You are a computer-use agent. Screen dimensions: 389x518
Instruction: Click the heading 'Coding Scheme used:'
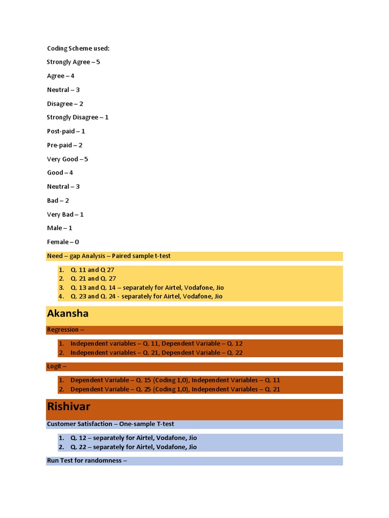(78, 49)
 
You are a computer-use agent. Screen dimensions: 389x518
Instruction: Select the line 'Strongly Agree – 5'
(73, 62)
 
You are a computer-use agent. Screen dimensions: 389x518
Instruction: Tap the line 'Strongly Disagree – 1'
(77, 117)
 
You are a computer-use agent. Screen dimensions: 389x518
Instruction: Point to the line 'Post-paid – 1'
(66, 132)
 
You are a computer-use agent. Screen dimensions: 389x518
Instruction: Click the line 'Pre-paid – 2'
(64, 145)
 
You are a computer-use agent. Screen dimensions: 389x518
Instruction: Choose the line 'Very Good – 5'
(67, 159)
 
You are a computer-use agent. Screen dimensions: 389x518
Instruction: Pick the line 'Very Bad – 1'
(65, 214)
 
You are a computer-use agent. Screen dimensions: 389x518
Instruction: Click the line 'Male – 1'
(60, 228)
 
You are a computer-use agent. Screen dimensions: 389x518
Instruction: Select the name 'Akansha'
(68, 314)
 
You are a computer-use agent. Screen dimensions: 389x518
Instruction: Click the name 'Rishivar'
(68, 407)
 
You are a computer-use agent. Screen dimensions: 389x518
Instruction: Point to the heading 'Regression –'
(63, 330)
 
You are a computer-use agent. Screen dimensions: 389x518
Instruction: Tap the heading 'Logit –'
(57, 366)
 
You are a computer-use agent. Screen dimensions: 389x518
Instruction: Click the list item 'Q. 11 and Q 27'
(93, 270)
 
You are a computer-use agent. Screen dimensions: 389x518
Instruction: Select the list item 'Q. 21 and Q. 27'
(94, 279)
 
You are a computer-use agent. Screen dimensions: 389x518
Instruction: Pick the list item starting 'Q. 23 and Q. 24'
(146, 296)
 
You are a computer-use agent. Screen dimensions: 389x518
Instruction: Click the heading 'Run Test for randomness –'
(87, 461)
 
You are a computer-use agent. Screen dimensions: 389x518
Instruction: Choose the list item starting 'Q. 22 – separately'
(134, 447)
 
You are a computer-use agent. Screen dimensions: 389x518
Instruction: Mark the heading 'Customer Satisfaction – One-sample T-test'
(110, 424)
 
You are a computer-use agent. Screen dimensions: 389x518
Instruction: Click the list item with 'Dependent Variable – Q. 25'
(175, 390)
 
